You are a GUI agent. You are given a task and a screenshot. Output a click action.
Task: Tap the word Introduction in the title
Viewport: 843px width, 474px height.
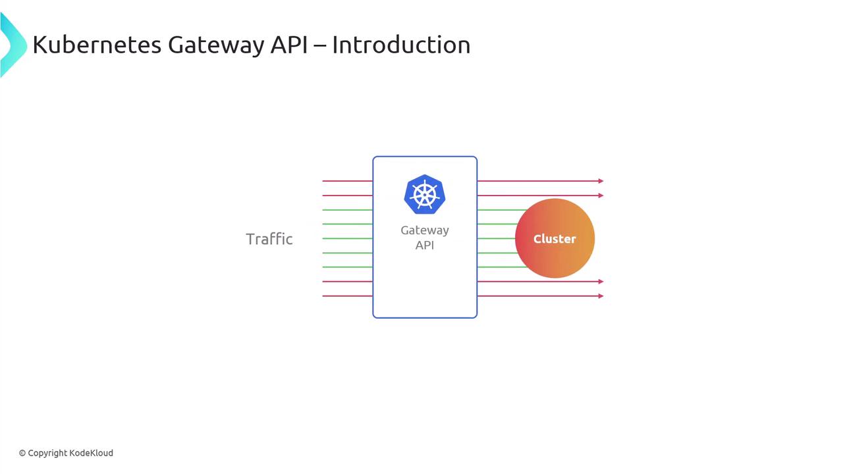point(401,45)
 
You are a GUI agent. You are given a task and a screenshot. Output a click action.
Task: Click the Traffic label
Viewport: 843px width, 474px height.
point(269,239)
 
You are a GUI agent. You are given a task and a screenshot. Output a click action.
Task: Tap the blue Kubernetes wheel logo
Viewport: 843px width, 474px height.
point(425,194)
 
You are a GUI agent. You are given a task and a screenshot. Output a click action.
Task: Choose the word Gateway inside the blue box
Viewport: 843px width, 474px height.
point(425,230)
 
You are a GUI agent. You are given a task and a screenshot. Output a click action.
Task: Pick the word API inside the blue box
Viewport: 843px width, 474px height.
point(425,246)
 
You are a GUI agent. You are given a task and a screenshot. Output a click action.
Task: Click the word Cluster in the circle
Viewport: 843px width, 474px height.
point(555,239)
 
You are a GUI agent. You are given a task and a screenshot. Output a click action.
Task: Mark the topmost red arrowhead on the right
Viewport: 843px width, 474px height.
point(601,181)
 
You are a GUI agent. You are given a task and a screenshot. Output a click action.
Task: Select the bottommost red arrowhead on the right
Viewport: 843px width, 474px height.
point(601,296)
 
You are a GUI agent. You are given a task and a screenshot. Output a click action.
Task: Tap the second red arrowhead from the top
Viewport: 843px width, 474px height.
point(601,196)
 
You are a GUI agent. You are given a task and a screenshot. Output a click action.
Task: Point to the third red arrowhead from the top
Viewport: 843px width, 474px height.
point(601,282)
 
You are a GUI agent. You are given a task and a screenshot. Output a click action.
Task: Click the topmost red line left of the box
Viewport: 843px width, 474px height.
point(347,181)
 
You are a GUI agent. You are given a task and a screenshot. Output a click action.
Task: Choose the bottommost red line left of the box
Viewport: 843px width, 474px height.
point(347,296)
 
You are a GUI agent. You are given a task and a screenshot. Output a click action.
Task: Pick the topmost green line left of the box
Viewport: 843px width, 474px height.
point(347,210)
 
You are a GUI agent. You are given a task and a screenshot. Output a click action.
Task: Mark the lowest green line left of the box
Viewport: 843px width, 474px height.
point(347,267)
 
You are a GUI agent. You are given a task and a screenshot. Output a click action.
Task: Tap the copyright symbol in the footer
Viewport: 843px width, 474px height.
point(22,453)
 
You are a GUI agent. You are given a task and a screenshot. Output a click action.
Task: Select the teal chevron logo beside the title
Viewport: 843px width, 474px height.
point(12,45)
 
